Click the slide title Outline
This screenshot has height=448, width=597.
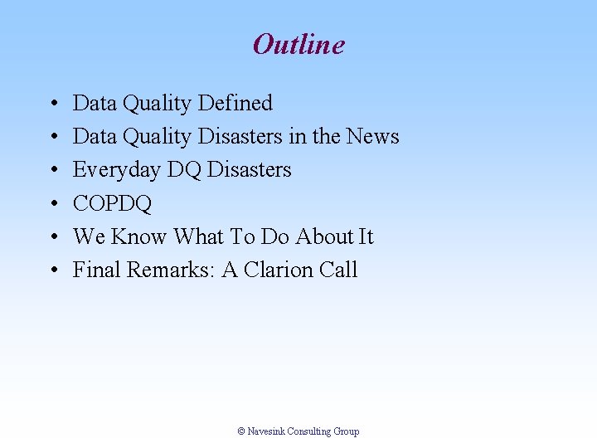point(298,44)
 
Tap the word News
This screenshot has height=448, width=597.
point(372,137)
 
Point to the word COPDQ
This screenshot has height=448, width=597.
point(112,204)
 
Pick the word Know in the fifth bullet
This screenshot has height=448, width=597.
point(139,237)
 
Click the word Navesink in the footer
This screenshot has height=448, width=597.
point(266,431)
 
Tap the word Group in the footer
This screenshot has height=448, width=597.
point(347,431)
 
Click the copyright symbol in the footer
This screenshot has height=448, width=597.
point(241,431)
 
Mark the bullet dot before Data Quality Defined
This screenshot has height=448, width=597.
point(52,105)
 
